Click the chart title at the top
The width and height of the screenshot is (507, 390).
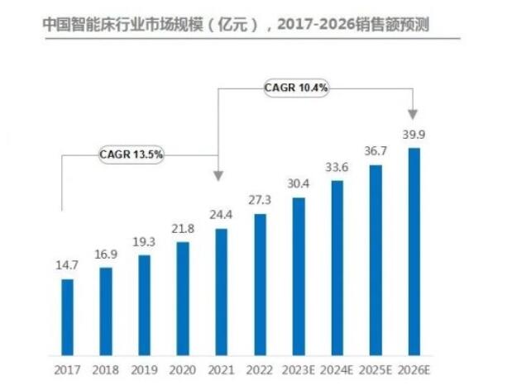240,26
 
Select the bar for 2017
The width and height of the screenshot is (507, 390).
68,315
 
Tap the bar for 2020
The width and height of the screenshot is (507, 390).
183,297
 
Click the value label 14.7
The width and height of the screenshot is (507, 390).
67,266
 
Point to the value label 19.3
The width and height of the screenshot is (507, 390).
144,242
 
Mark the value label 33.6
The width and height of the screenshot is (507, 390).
337,167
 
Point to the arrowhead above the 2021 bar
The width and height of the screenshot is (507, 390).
219,175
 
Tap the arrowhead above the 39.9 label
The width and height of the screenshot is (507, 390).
413,112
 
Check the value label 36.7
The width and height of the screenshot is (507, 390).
375,152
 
